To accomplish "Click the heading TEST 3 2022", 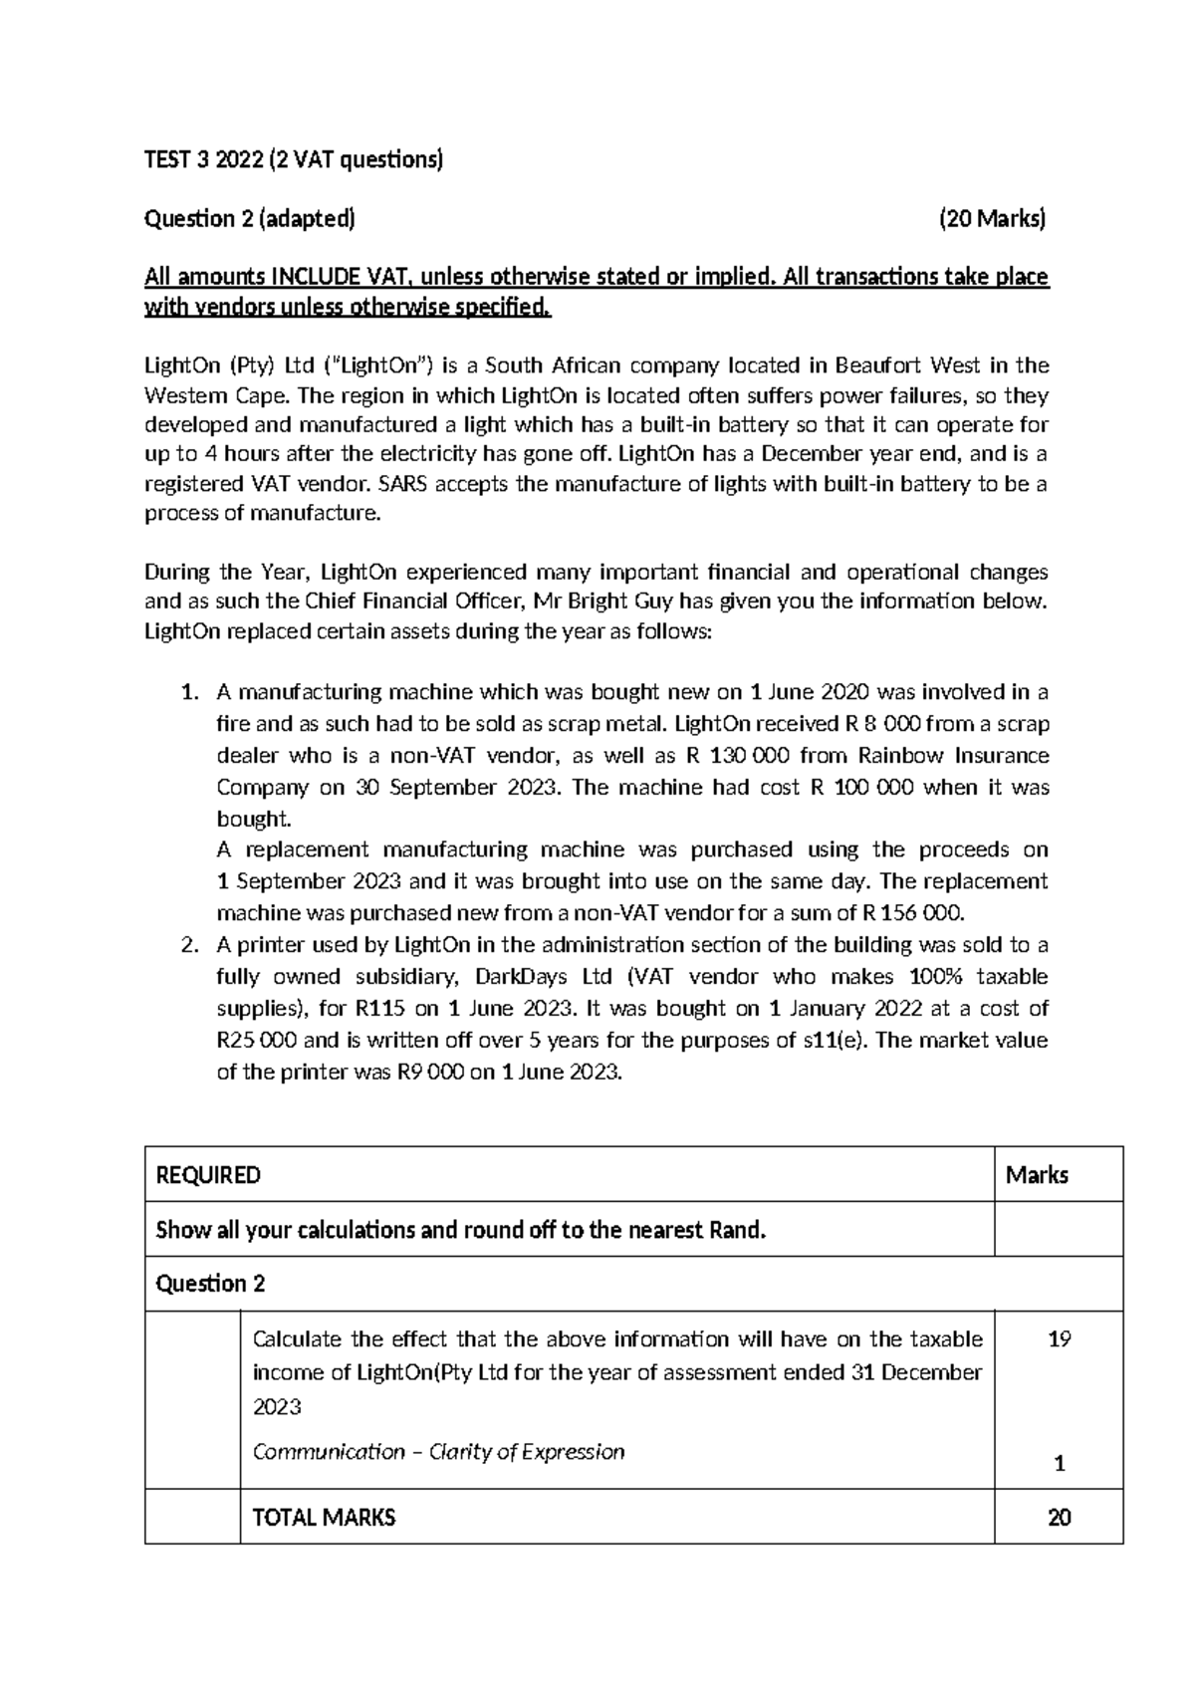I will (203, 159).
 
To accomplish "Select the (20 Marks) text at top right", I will (993, 219).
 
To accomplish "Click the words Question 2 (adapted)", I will (250, 219).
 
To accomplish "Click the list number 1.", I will (189, 692).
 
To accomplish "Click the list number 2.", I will (189, 944).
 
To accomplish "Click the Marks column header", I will (1037, 1175).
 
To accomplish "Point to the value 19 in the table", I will (1059, 1339).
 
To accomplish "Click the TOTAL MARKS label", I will (325, 1518).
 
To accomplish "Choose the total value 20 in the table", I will (1059, 1518).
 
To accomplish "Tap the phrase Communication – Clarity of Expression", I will (439, 1452).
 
